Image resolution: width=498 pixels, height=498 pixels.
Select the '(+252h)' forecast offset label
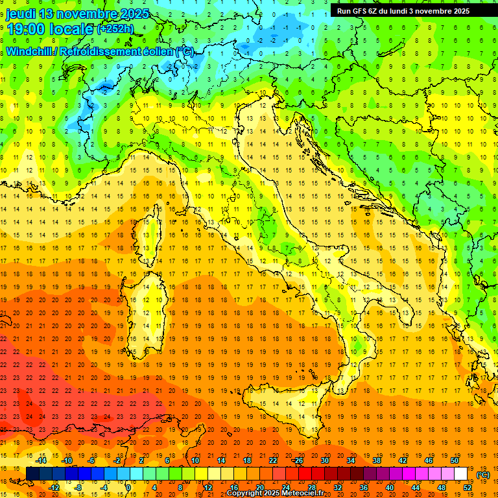(115, 29)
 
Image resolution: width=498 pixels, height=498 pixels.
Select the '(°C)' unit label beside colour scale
(483, 475)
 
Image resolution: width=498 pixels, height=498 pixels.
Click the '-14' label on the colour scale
(41, 460)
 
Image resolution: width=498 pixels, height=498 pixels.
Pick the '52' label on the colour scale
(468, 488)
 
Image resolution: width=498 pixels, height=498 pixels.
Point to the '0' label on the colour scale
(128, 488)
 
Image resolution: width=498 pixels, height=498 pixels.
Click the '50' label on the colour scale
(455, 460)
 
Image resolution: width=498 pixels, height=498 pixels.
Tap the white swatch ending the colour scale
(460, 474)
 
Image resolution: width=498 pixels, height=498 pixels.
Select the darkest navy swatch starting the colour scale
(32, 474)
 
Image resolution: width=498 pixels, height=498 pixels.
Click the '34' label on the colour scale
(351, 460)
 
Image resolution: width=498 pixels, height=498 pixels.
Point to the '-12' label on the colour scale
(54, 488)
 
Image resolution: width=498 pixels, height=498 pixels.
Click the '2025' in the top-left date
(134, 14)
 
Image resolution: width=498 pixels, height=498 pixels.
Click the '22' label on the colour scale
(273, 460)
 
